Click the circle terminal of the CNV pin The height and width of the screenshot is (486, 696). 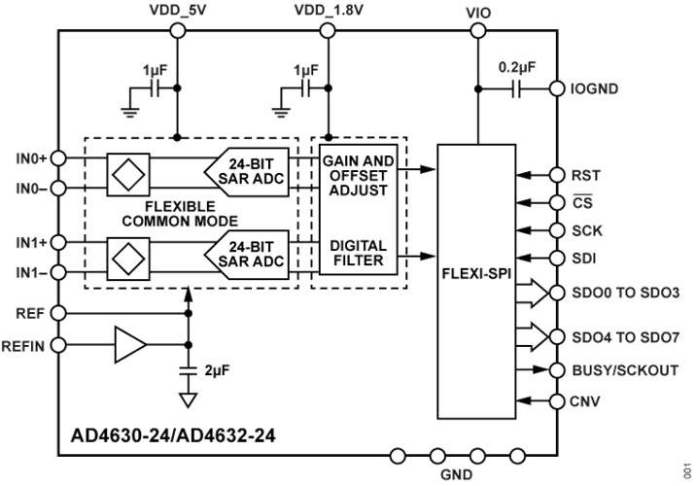(557, 399)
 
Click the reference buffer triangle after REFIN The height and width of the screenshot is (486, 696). (128, 344)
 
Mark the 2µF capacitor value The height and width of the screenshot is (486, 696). (216, 371)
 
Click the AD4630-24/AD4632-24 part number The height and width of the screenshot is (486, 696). (175, 434)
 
